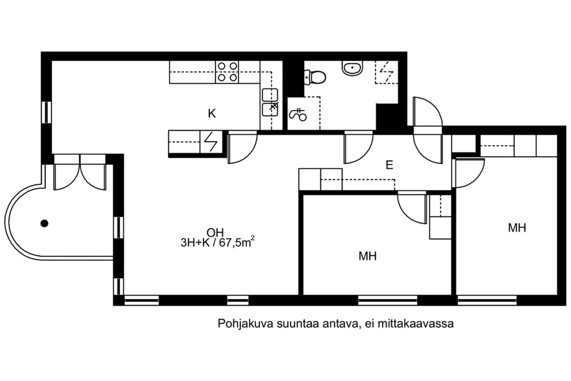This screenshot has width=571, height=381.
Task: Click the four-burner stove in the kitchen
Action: click(227, 72)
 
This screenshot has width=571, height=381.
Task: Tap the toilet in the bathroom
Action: click(315, 77)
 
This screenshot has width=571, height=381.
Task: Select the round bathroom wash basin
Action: click(352, 68)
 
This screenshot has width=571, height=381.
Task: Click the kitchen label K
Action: click(212, 114)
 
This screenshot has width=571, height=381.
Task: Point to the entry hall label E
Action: click(389, 165)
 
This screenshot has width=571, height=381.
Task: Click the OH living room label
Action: click(215, 233)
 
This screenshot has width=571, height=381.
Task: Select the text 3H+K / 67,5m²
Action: click(217, 242)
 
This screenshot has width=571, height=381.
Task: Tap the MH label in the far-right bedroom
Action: click(517, 228)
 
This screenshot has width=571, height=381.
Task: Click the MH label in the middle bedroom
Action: click(368, 256)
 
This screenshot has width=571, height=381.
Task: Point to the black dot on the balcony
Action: click(45, 224)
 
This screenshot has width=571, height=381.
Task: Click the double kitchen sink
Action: click(270, 102)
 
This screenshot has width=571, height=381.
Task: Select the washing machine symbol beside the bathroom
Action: click(298, 114)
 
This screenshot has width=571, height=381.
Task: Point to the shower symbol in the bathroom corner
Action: click(386, 72)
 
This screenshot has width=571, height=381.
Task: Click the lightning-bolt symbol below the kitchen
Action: click(211, 142)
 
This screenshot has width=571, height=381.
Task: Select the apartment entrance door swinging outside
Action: click(427, 112)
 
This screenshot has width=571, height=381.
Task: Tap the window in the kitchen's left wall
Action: click(46, 112)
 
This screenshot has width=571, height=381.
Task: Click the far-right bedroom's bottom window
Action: click(487, 300)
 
